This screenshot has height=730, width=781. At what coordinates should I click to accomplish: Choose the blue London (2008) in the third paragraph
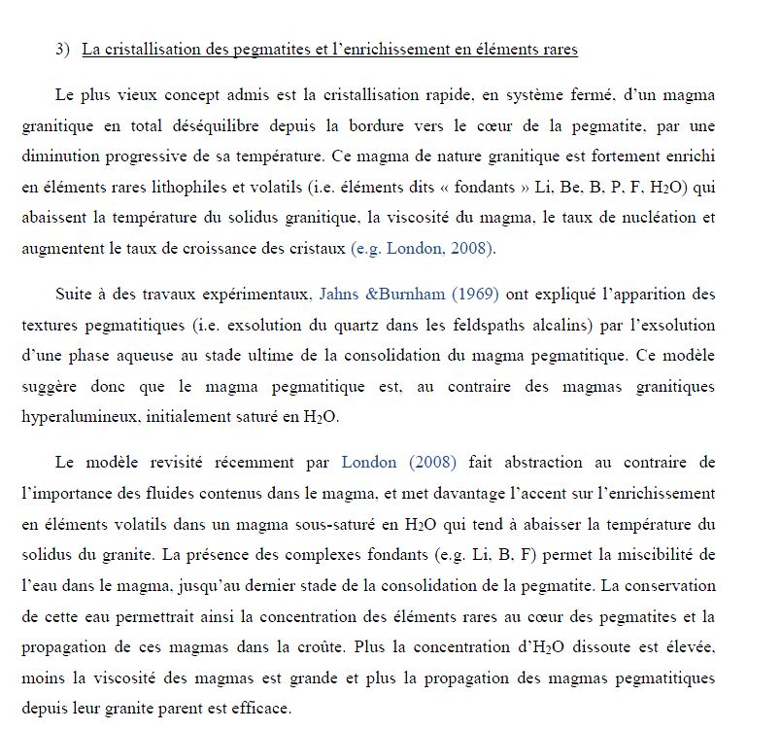[398, 462]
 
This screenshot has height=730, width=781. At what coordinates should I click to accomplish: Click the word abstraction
[544, 462]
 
